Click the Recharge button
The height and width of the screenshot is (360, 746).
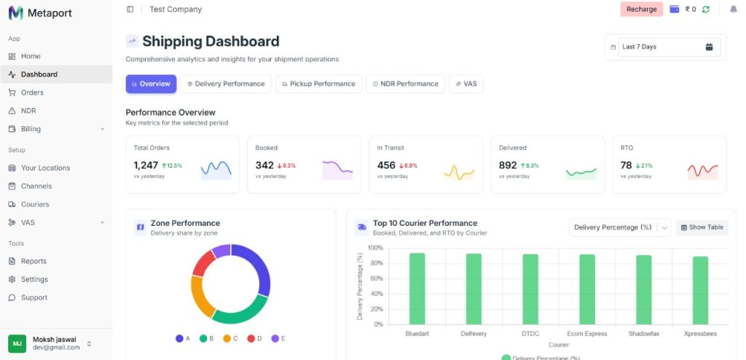(641, 9)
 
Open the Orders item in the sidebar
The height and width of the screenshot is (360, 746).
(32, 93)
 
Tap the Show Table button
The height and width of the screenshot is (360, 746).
(702, 227)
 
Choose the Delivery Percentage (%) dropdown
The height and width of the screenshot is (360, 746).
(619, 227)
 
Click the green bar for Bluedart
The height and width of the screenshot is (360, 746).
(417, 289)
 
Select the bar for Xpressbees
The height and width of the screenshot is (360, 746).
(700, 290)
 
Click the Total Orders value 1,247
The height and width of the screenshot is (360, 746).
(146, 165)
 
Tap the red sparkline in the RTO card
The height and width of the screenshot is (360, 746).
(702, 171)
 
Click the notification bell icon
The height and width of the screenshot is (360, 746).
(733, 9)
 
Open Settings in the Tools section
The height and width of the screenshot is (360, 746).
(34, 279)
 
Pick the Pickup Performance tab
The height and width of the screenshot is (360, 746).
(318, 84)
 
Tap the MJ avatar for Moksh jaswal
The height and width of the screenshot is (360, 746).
(17, 343)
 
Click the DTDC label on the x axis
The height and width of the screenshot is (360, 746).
(530, 333)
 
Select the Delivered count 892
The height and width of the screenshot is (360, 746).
(508, 165)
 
